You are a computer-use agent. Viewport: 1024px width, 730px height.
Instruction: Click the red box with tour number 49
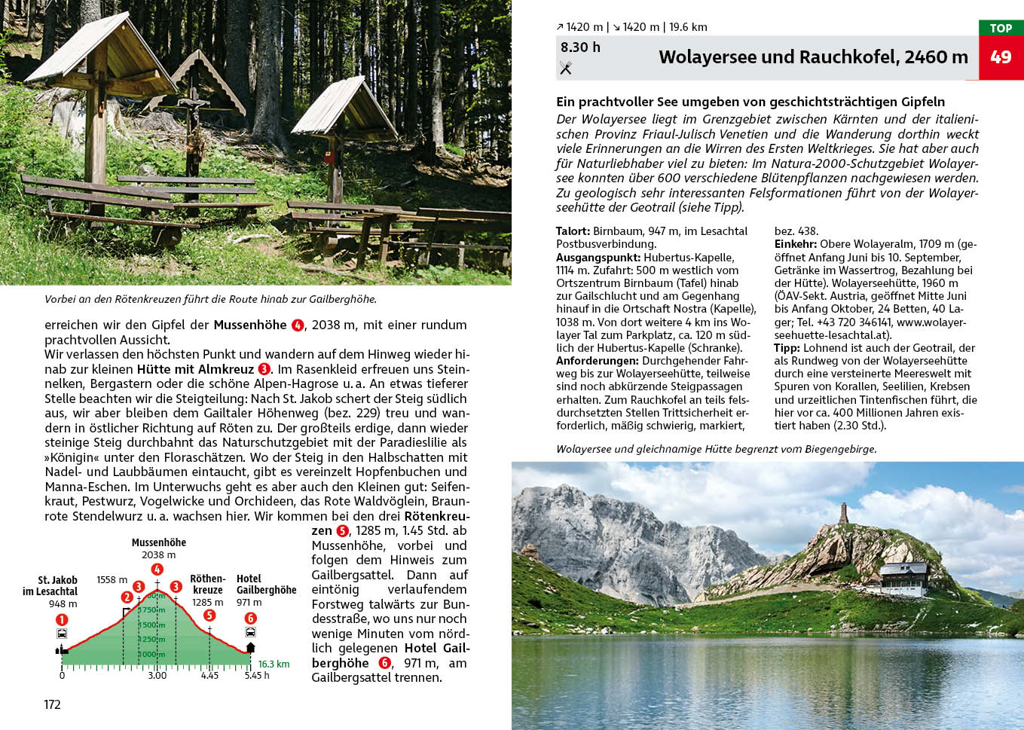pyautogui.click(x=1001, y=57)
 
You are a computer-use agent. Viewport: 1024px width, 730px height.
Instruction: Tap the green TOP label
pyautogui.click(x=1001, y=28)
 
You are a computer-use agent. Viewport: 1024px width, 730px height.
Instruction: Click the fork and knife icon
pyautogui.click(x=566, y=69)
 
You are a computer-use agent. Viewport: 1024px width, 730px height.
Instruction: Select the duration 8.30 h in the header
pyautogui.click(x=580, y=47)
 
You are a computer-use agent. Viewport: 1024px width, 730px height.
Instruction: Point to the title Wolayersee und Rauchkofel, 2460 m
pyautogui.click(x=813, y=57)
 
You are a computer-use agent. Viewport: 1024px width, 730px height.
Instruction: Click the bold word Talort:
pyautogui.click(x=573, y=231)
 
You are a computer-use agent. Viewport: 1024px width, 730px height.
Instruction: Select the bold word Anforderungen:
pyautogui.click(x=598, y=361)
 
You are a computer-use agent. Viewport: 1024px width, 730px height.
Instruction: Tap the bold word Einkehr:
pyautogui.click(x=795, y=244)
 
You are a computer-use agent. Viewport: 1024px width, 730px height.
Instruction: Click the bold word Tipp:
pyautogui.click(x=787, y=348)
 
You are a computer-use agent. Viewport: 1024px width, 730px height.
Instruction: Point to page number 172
pyautogui.click(x=52, y=705)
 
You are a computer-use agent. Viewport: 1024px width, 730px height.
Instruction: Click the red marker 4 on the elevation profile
pyautogui.click(x=157, y=570)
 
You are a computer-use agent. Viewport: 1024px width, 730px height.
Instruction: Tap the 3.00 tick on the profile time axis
pyautogui.click(x=157, y=676)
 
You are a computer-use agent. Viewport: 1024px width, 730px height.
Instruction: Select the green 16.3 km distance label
pyautogui.click(x=274, y=664)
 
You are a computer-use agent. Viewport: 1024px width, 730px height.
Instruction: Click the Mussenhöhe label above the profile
pyautogui.click(x=158, y=542)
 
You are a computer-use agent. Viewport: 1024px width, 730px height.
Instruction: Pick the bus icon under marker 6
pyautogui.click(x=250, y=632)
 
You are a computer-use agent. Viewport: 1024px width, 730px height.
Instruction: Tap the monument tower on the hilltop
pyautogui.click(x=843, y=514)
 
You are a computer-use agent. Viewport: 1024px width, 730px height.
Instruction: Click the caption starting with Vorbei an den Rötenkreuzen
pyautogui.click(x=210, y=299)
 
